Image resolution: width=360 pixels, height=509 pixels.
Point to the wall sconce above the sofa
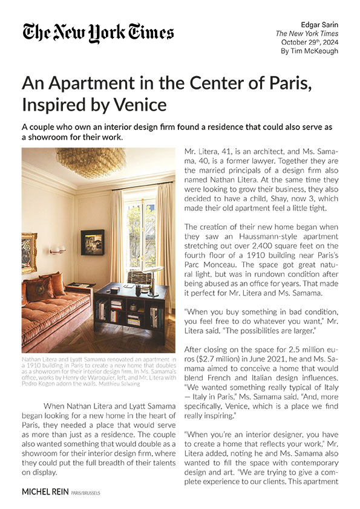tap(57, 248)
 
